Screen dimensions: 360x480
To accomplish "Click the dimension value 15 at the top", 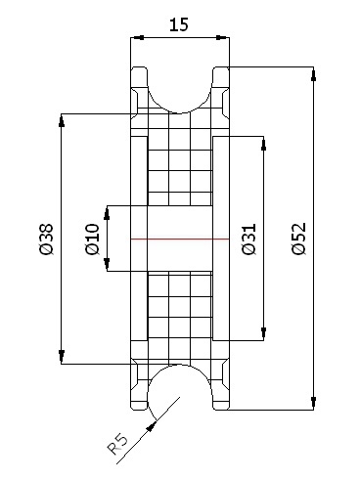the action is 179,24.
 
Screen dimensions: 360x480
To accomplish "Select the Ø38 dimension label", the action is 46,239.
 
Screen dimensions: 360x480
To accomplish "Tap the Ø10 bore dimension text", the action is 92,239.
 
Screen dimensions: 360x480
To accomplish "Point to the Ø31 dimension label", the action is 249,239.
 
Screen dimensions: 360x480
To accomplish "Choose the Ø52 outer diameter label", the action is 299,239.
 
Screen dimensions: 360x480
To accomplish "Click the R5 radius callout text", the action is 117,444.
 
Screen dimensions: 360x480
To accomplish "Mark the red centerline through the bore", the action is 180,239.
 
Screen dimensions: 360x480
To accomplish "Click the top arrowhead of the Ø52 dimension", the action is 313,73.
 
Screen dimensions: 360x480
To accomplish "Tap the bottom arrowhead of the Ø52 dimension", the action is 313,403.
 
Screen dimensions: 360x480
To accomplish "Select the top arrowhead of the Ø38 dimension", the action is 61,120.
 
